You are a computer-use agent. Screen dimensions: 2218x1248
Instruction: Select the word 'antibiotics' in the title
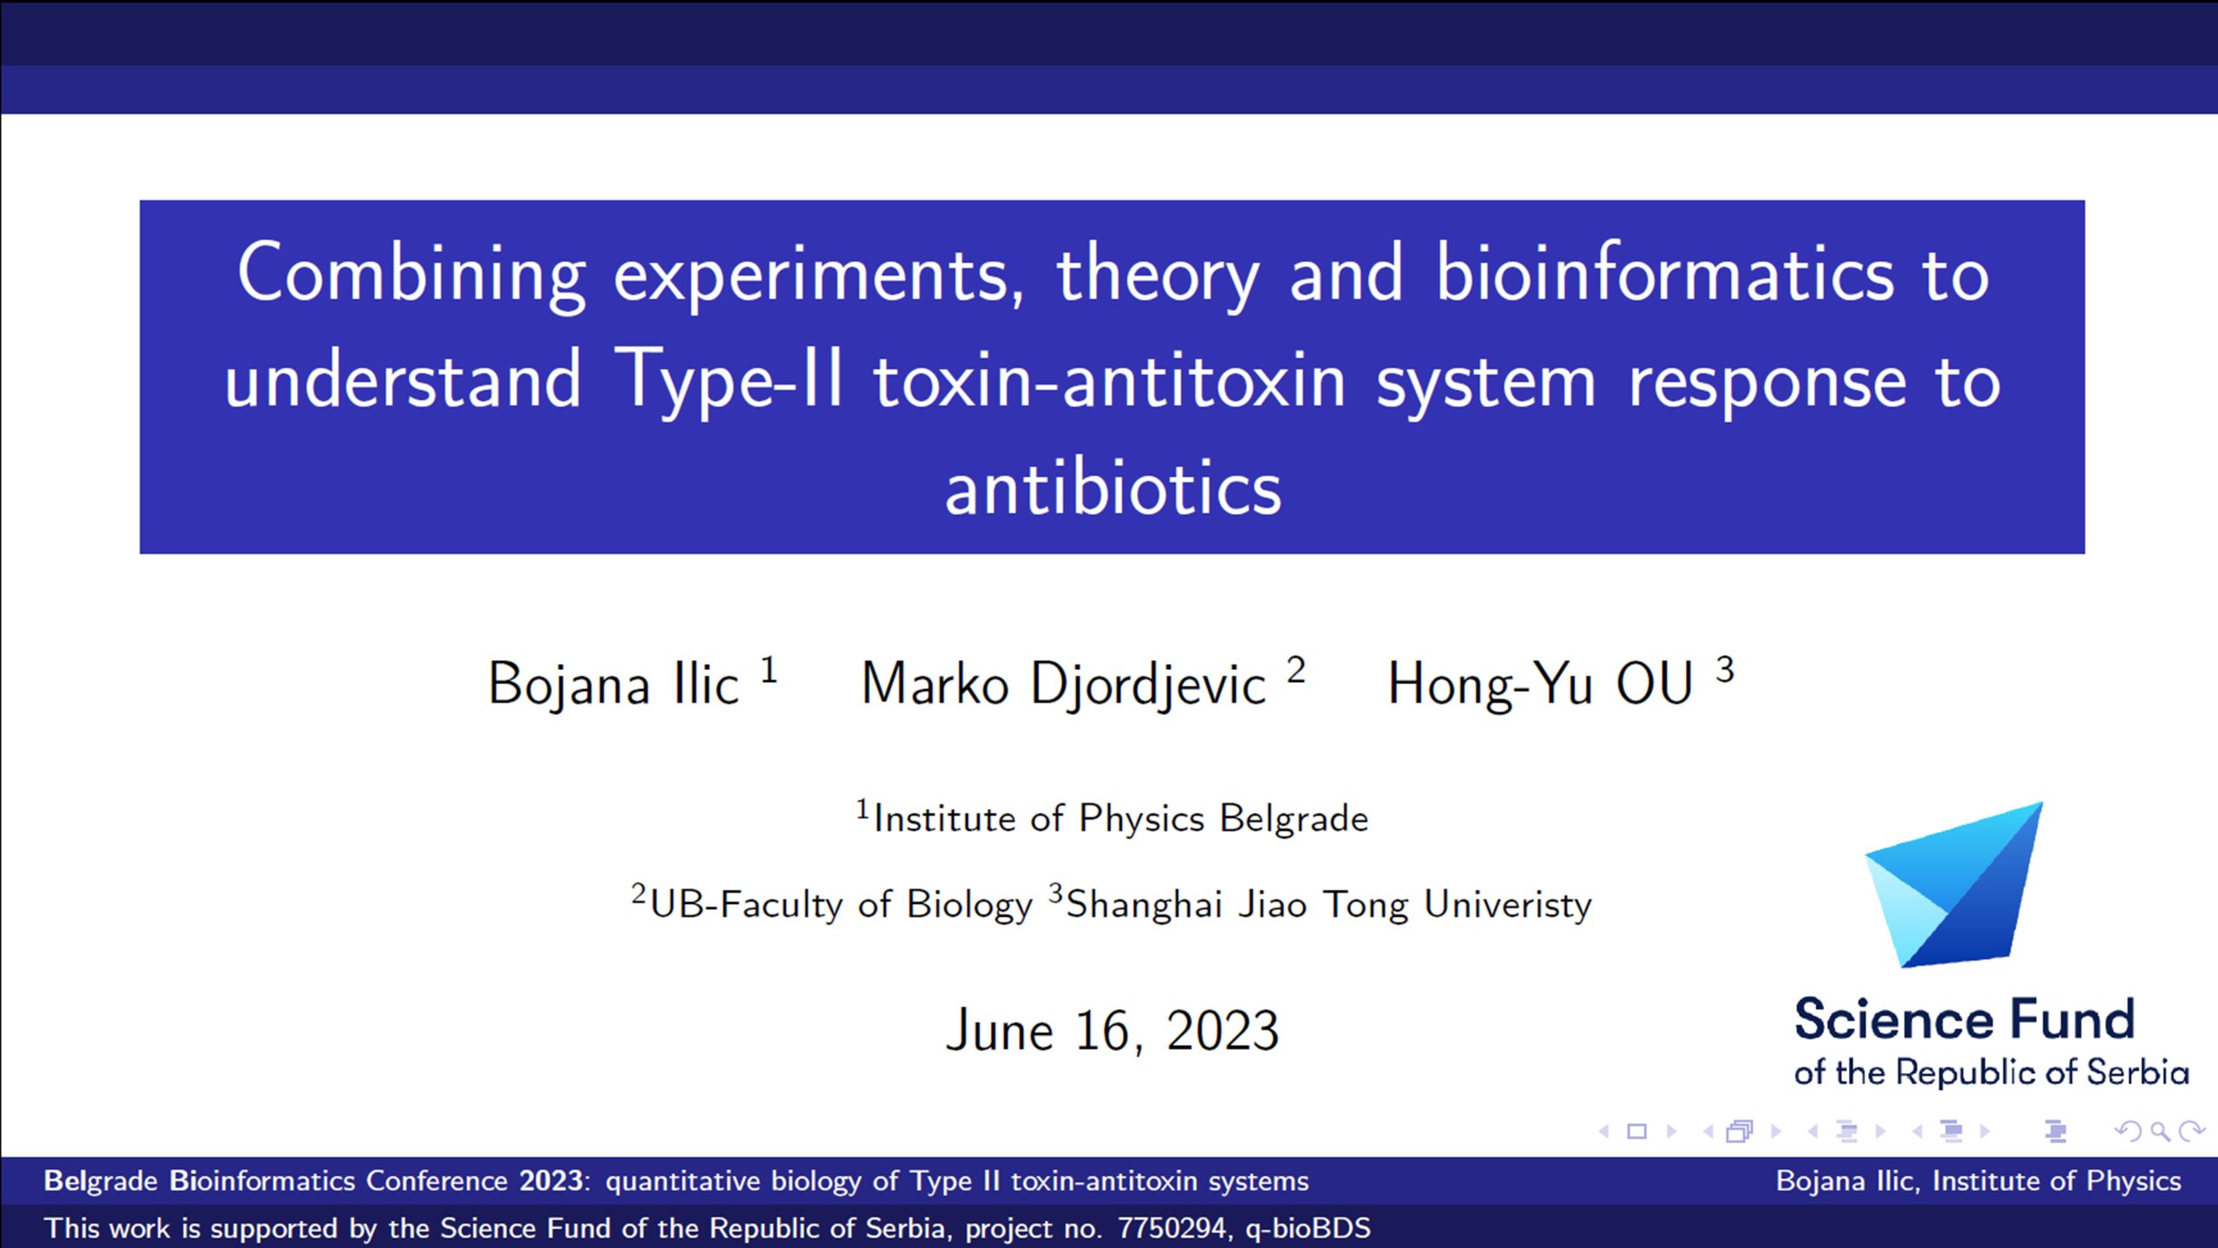coord(1112,488)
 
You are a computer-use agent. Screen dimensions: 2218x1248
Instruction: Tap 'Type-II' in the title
coord(729,380)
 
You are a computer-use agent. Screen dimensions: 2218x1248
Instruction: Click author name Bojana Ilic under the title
coord(613,683)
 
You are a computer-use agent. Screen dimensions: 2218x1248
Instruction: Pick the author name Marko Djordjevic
coord(1064,683)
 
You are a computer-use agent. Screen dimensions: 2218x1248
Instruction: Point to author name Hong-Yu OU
coord(1540,683)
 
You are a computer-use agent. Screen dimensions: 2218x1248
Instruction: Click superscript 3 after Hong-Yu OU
coord(1725,670)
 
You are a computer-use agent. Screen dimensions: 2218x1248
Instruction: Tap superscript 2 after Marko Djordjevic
coord(1296,670)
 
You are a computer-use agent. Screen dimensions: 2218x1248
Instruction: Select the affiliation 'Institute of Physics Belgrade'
coord(1121,818)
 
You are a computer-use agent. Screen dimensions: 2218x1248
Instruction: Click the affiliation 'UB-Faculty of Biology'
coord(841,904)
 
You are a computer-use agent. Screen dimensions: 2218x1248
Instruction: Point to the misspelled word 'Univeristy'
coord(1508,904)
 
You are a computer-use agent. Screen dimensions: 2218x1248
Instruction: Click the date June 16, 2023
coord(1112,1030)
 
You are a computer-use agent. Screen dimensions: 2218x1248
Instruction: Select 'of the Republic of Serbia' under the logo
coord(1992,1072)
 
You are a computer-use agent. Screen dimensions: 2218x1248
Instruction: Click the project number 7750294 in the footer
coord(1171,1228)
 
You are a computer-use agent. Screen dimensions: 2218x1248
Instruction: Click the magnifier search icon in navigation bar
coord(2161,1131)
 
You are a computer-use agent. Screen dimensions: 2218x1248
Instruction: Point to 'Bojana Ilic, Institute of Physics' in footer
coord(1979,1180)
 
